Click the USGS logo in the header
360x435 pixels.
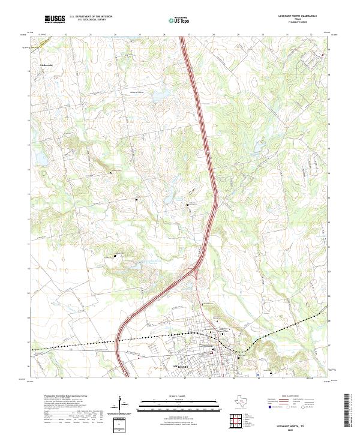click(55, 20)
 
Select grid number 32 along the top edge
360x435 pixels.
click(311, 35)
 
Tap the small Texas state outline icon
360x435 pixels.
click(242, 400)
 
